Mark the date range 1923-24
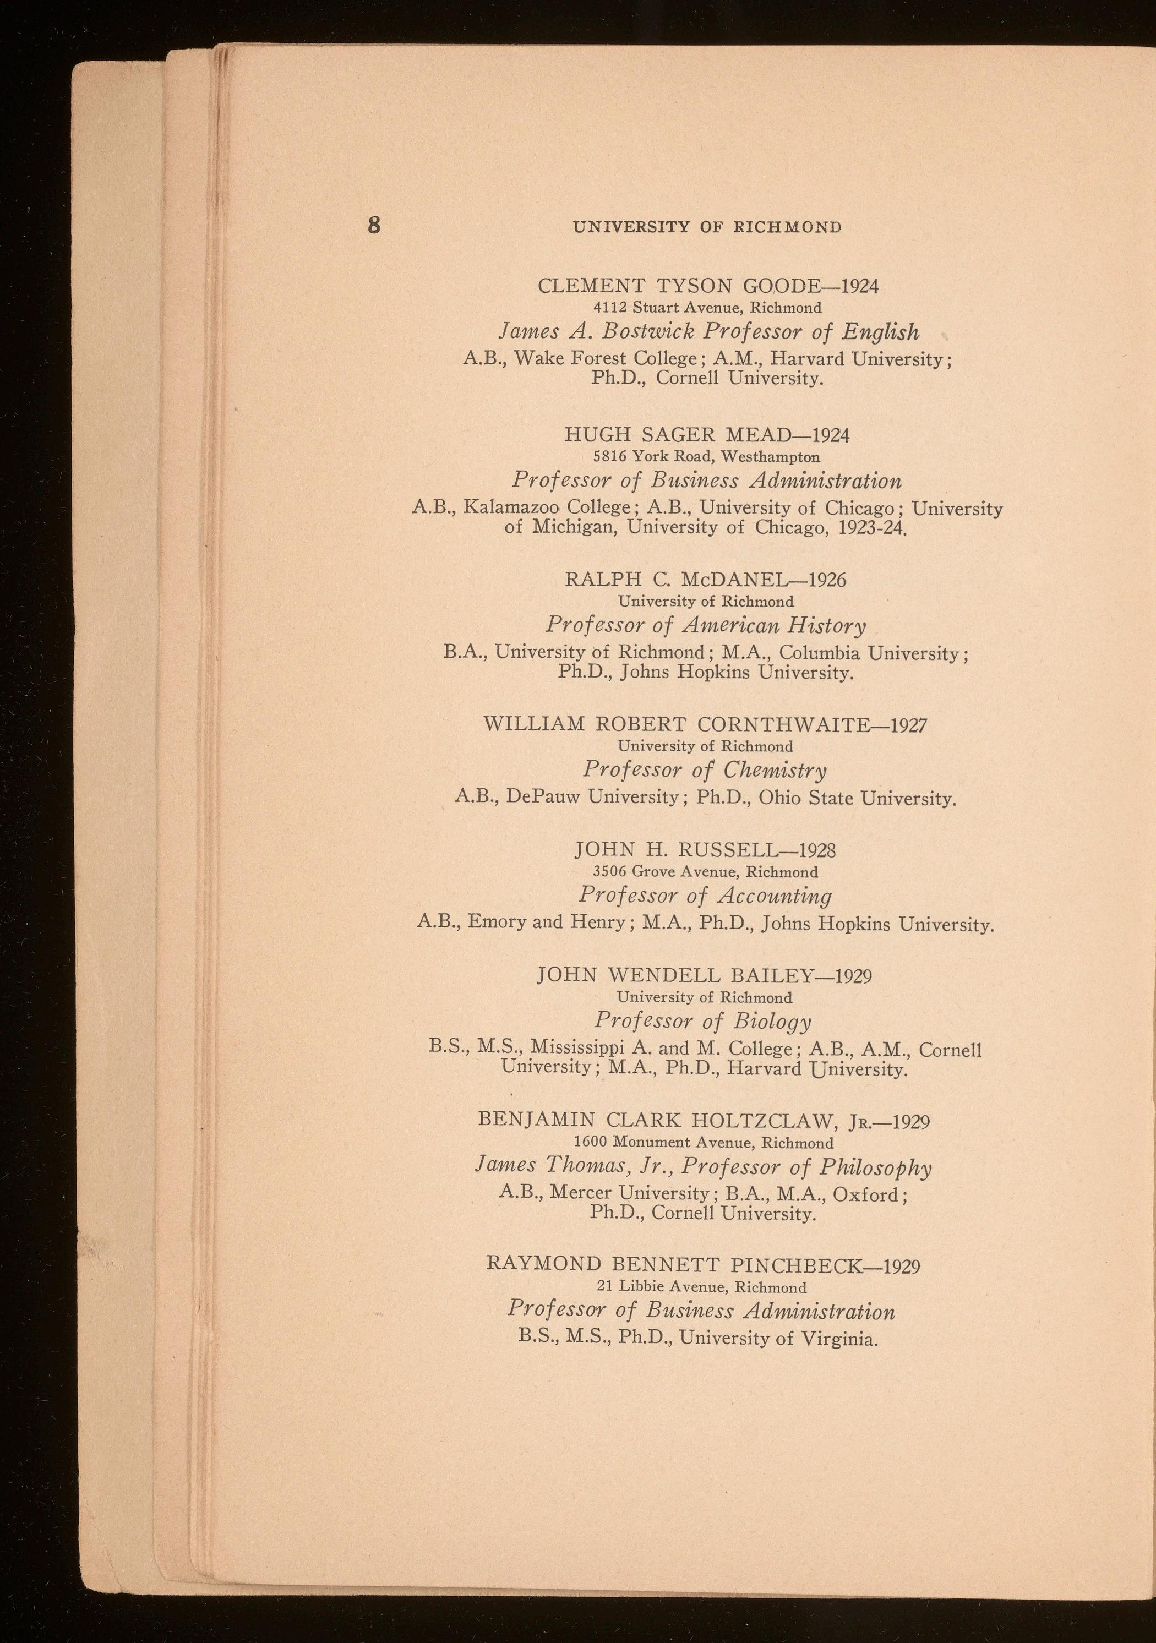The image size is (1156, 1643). pos(873,530)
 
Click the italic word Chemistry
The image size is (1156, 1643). pos(774,771)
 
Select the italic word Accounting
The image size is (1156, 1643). pos(775,896)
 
